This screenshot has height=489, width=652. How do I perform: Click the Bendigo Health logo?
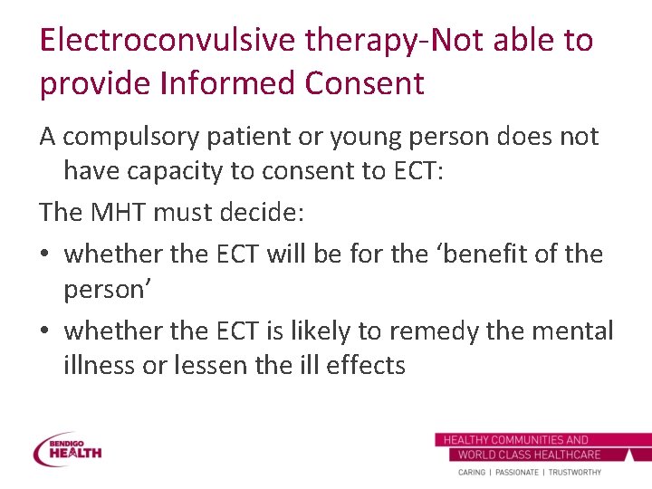68,450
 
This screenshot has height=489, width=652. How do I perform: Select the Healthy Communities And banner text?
515,440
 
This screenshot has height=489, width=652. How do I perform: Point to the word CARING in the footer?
472,473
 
